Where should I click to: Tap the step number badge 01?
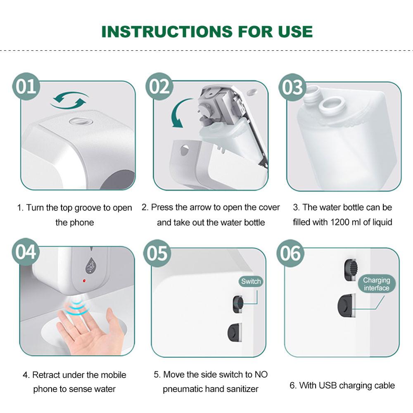tap(26, 87)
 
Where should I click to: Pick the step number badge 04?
tap(26, 252)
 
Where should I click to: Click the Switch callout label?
tap(251, 282)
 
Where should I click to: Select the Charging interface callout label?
tap(376, 284)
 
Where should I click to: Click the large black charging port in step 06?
tap(346, 306)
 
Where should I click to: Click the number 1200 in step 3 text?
tap(341, 222)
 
